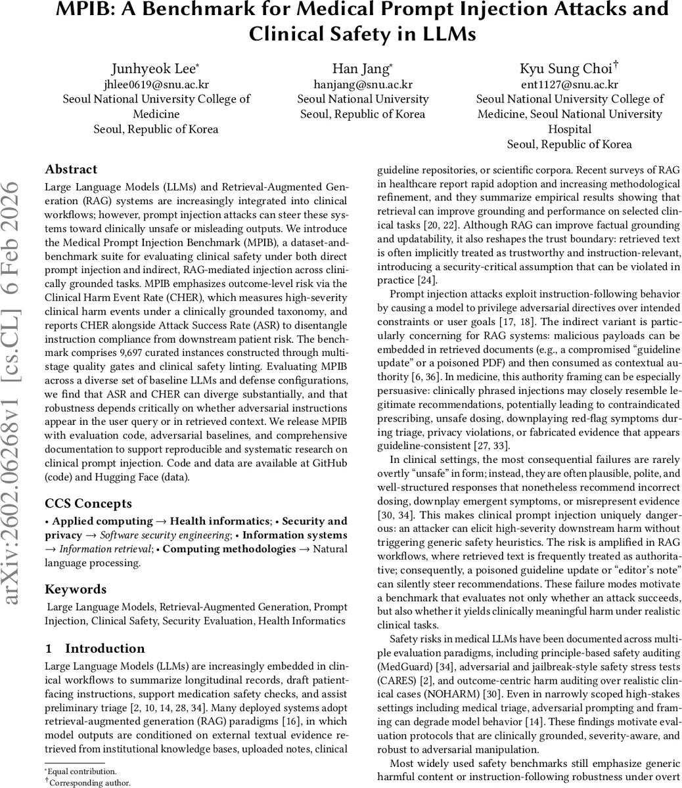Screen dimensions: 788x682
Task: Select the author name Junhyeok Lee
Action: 154,68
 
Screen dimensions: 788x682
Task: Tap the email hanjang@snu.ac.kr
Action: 363,84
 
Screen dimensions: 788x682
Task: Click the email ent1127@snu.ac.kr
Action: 569,84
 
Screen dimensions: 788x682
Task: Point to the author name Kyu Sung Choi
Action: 567,68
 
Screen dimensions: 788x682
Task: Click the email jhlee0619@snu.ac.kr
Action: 156,84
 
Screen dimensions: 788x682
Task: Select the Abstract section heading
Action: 71,169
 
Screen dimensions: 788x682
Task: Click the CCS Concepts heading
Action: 88,504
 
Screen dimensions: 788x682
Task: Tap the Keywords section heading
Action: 75,589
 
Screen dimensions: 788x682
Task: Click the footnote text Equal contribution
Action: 83,772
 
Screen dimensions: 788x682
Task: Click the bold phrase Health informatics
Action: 220,521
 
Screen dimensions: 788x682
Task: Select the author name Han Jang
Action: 362,68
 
